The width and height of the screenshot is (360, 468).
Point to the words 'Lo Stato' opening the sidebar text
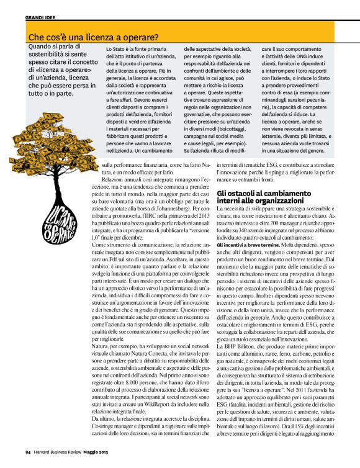117,48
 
